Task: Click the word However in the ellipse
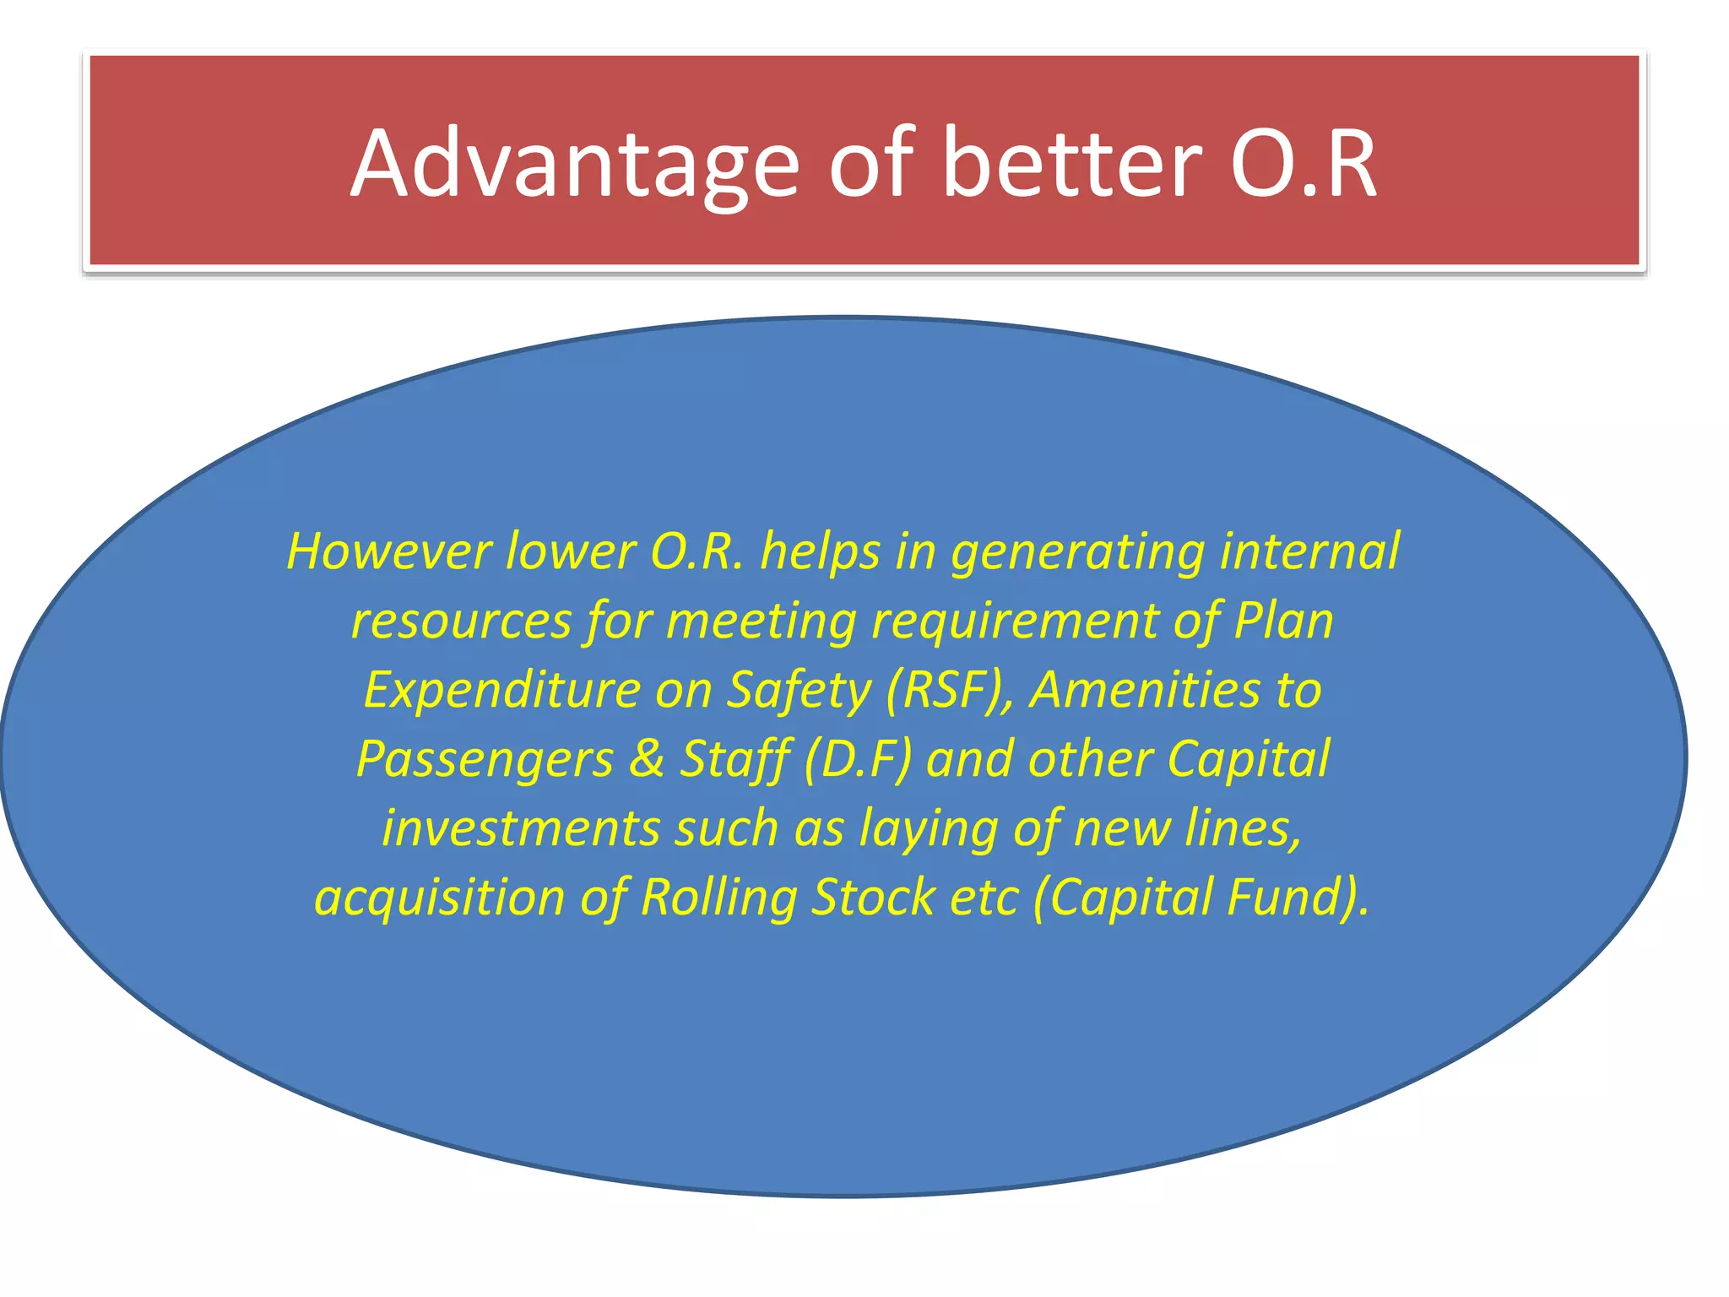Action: (x=389, y=552)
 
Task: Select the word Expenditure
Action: (x=502, y=692)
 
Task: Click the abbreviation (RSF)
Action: (x=949, y=692)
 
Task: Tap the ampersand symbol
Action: (x=647, y=759)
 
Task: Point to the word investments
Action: (x=520, y=828)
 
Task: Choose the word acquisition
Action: (x=439, y=898)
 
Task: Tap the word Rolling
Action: (x=718, y=898)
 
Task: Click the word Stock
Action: (x=873, y=897)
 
